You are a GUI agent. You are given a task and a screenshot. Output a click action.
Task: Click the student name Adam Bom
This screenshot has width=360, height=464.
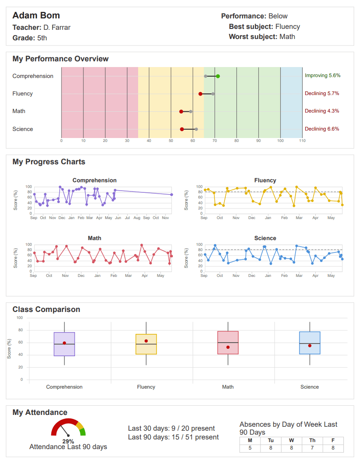click(x=36, y=16)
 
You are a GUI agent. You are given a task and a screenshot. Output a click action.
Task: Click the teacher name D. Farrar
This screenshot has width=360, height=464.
click(x=57, y=28)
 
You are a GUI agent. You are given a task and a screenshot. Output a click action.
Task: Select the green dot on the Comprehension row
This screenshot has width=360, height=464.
click(x=218, y=76)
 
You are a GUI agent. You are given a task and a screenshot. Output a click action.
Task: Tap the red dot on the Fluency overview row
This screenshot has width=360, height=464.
click(x=200, y=94)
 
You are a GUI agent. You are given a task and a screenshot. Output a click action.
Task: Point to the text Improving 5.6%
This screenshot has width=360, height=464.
click(x=322, y=76)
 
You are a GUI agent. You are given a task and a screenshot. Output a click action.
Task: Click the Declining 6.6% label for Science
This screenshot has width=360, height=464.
click(x=322, y=129)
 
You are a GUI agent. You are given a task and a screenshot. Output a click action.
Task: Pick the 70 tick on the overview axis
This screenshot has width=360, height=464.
click(x=214, y=141)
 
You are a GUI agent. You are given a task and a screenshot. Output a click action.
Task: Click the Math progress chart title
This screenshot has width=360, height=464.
click(x=94, y=238)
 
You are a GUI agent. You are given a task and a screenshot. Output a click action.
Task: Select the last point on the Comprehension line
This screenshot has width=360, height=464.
click(x=171, y=195)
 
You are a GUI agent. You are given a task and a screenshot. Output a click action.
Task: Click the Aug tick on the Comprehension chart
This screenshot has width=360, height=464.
click(x=137, y=218)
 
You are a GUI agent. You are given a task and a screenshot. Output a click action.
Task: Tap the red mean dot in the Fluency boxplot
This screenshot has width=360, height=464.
click(x=146, y=341)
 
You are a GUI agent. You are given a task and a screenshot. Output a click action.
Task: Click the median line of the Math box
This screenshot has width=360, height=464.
click(x=228, y=342)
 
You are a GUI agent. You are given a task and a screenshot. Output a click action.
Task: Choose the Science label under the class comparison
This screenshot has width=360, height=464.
click(x=310, y=387)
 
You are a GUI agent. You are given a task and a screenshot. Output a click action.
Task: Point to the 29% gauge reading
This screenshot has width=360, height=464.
click(x=68, y=441)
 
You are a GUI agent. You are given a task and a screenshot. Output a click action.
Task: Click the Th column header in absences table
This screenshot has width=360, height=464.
click(x=312, y=440)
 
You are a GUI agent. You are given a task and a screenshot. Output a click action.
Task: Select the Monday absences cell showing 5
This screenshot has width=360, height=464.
click(x=250, y=448)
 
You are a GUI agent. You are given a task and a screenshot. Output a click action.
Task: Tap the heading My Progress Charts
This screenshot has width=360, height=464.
click(x=49, y=162)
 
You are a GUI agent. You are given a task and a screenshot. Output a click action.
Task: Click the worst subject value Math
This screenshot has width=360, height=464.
click(x=287, y=37)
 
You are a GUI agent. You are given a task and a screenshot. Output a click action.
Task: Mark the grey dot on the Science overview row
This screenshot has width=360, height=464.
click(x=196, y=129)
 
